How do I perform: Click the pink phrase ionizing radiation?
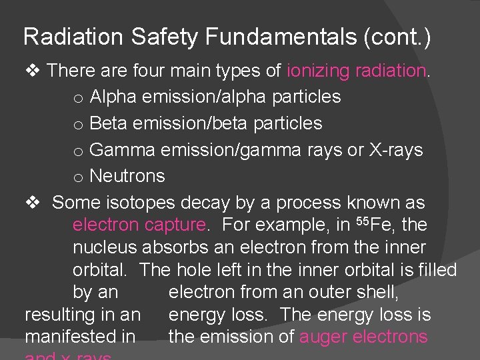click(x=357, y=71)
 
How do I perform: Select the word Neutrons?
click(x=127, y=177)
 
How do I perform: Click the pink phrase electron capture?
click(x=139, y=225)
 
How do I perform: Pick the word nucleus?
click(x=105, y=248)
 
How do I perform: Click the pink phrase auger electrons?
click(x=363, y=337)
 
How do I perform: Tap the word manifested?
click(x=80, y=337)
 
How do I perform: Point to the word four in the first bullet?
click(x=151, y=71)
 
